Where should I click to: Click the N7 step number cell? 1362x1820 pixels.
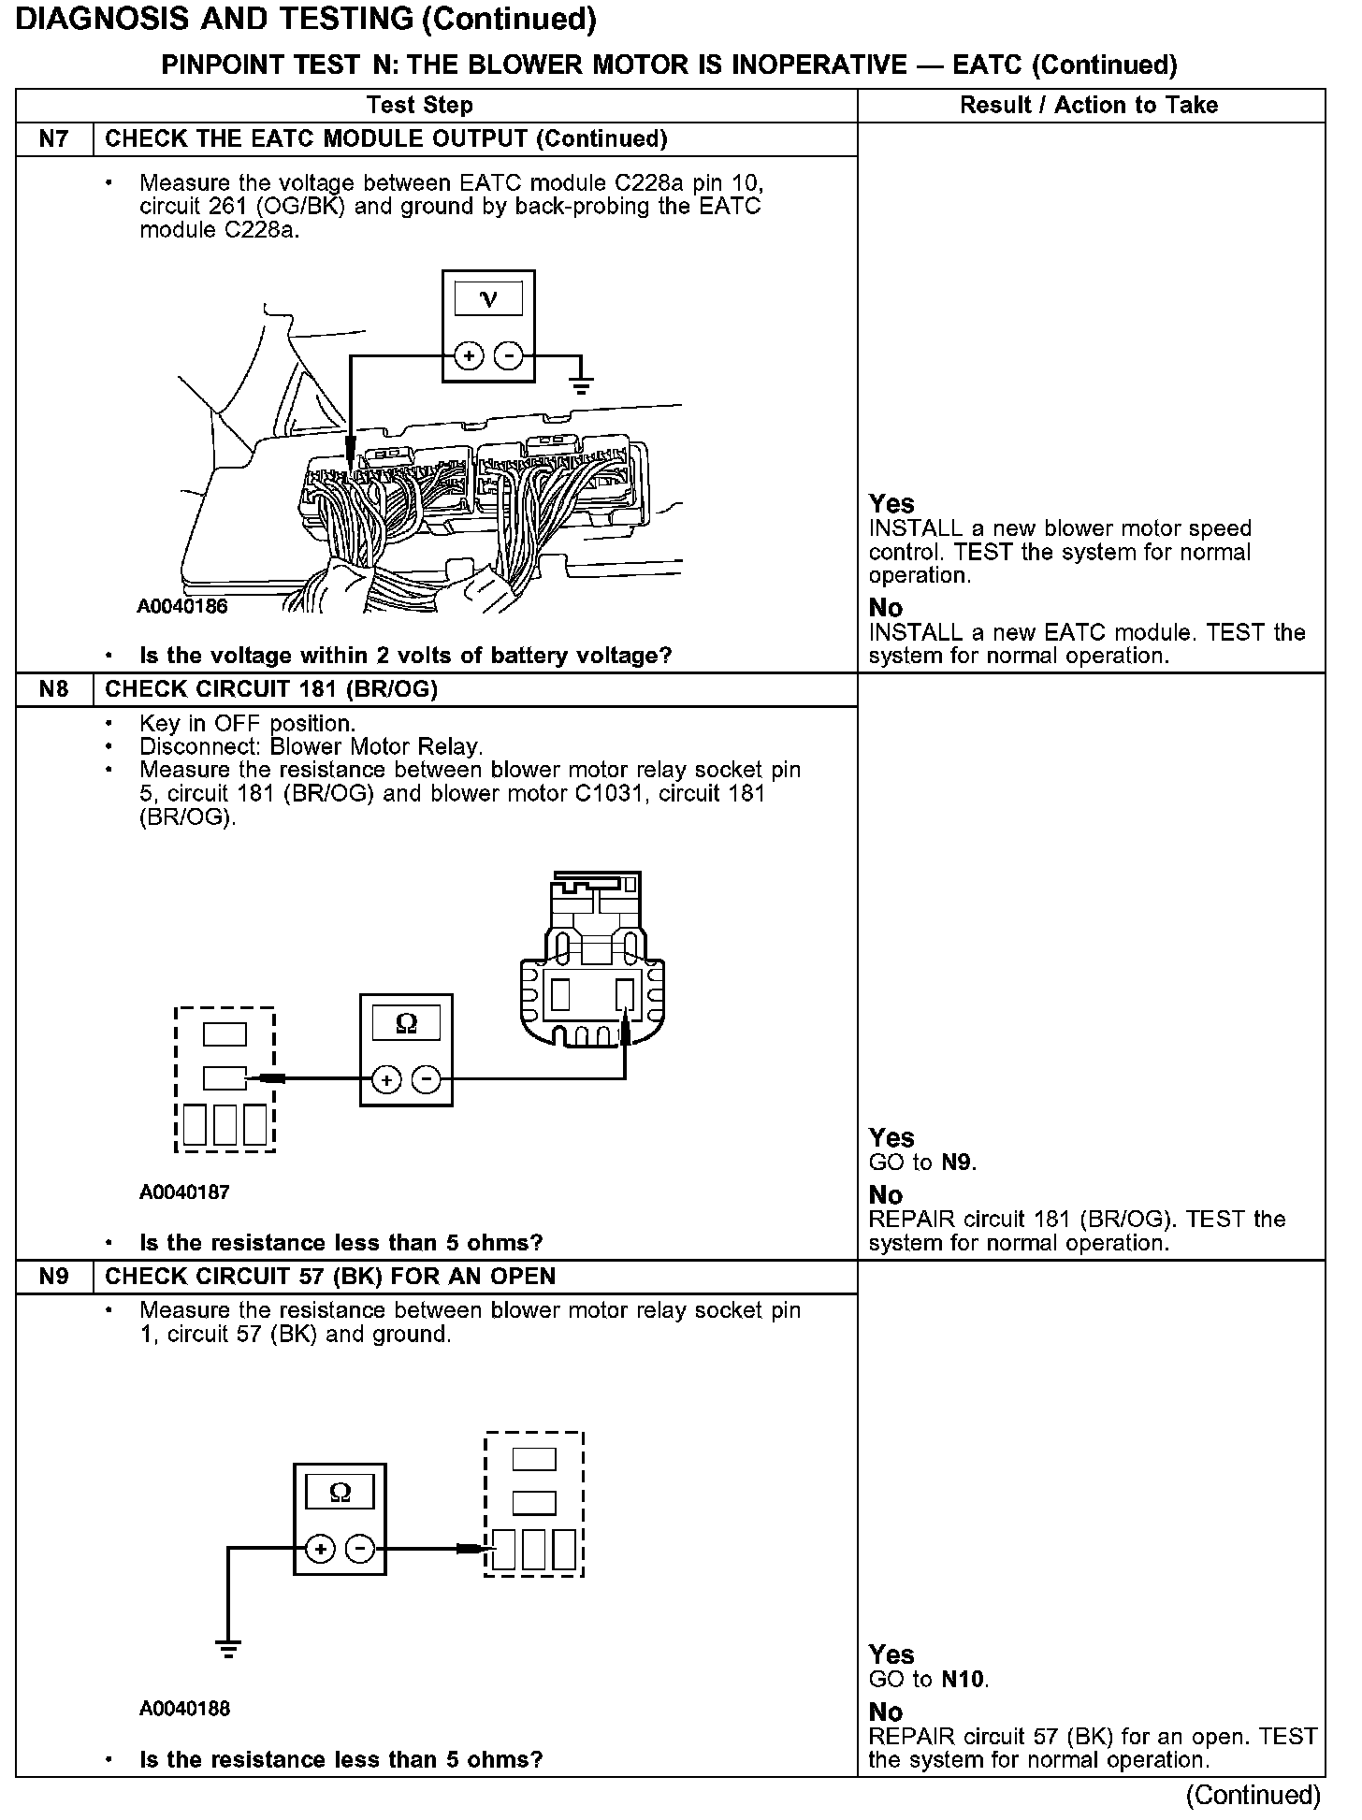[x=54, y=139]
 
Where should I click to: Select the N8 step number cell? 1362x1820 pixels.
[x=54, y=689]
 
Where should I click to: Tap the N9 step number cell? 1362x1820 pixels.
[x=54, y=1277]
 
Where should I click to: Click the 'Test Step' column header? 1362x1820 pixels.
[x=420, y=105]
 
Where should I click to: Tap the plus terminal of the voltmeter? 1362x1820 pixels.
[x=468, y=356]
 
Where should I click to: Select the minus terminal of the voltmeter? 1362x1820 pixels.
[x=508, y=356]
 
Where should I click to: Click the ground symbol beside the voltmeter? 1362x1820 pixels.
[x=581, y=383]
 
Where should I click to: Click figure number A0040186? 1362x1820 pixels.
[x=182, y=606]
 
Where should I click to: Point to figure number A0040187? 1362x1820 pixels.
[x=184, y=1192]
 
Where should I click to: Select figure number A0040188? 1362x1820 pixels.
[x=184, y=1709]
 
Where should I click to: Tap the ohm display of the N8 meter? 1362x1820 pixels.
[x=406, y=1024]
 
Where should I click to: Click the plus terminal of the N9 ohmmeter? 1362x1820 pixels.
[x=320, y=1550]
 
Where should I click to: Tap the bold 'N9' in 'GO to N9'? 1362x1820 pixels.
[x=958, y=1163]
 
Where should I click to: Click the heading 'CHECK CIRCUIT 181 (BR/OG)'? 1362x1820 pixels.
[x=271, y=689]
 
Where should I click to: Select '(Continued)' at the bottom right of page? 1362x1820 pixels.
[x=1253, y=1795]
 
